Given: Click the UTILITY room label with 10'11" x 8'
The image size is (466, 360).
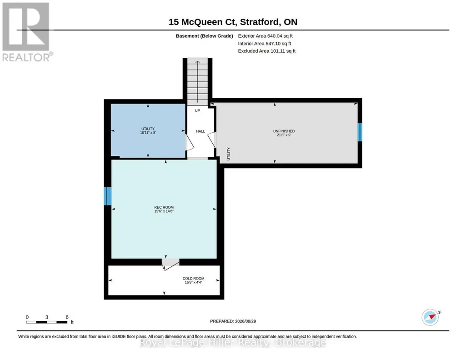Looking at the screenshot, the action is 148,131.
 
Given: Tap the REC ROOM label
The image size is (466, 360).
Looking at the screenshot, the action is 164,210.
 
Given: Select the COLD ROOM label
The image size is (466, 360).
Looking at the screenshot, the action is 194,280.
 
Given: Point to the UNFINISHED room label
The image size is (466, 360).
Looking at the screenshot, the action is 284,133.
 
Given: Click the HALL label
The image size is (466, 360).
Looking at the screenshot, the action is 200,131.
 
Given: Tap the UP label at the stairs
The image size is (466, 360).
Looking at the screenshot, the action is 197,110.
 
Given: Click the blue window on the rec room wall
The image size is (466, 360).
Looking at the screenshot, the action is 108,196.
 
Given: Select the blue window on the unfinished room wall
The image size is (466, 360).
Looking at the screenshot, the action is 360,132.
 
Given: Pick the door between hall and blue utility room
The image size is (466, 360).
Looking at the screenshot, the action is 189,143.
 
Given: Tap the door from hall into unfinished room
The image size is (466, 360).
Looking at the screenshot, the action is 212,140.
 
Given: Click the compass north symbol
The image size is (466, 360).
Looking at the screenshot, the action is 431,317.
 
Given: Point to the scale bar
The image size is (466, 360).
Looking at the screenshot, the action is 47,322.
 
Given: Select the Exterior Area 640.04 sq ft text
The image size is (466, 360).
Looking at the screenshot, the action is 265,36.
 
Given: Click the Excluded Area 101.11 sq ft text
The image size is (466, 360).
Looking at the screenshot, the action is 266,51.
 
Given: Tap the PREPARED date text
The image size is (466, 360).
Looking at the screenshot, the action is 233,321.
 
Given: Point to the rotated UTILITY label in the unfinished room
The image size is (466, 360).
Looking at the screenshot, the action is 229,154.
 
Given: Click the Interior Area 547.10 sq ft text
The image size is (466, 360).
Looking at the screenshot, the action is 265,44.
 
